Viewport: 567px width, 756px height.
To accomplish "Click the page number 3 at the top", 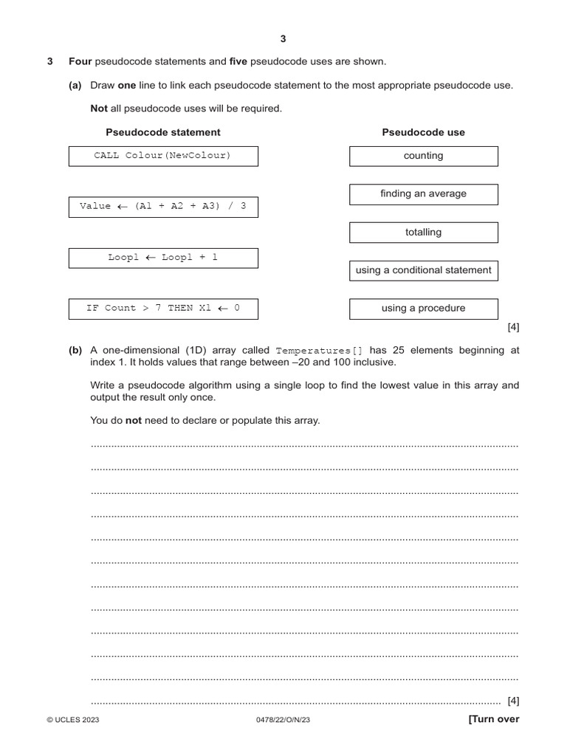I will click(283, 38).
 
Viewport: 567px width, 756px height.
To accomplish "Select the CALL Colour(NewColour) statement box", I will click(163, 156).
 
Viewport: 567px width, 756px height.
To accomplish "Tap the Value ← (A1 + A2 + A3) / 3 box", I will click(163, 207).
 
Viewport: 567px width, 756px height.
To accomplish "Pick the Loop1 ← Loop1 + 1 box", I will click(163, 258).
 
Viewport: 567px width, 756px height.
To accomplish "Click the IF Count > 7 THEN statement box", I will click(163, 309).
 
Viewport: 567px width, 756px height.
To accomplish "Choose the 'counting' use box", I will click(423, 156).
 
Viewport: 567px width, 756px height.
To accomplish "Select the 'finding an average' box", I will click(423, 194).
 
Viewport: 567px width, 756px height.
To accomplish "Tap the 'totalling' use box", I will click(423, 233).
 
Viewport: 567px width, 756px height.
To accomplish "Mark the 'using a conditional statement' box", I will click(423, 270).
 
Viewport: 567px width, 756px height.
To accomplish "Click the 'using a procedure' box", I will click(423, 309).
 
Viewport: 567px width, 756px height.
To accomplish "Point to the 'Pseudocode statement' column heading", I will click(162, 132).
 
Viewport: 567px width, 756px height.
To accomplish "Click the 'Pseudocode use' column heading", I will click(423, 132).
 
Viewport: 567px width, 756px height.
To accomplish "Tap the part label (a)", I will click(75, 85).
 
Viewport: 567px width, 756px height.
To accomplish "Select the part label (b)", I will click(75, 351).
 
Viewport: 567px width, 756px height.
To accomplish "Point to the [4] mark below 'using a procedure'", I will click(513, 328).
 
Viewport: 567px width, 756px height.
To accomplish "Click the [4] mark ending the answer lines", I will click(513, 701).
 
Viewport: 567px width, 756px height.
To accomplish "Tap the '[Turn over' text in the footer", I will click(493, 719).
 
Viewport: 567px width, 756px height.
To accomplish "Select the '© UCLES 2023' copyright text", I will click(72, 721).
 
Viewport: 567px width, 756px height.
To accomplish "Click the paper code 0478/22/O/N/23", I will click(283, 721).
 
